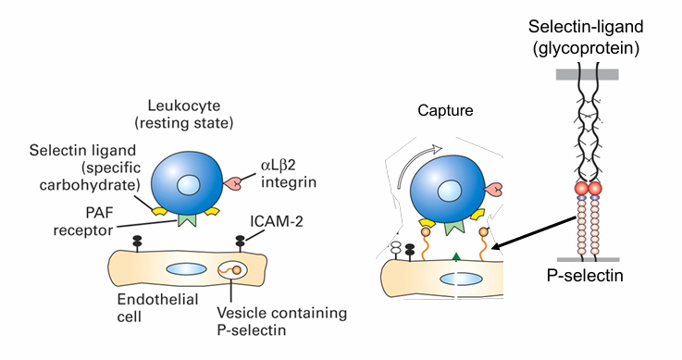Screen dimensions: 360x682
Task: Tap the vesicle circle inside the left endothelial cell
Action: tap(232, 273)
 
